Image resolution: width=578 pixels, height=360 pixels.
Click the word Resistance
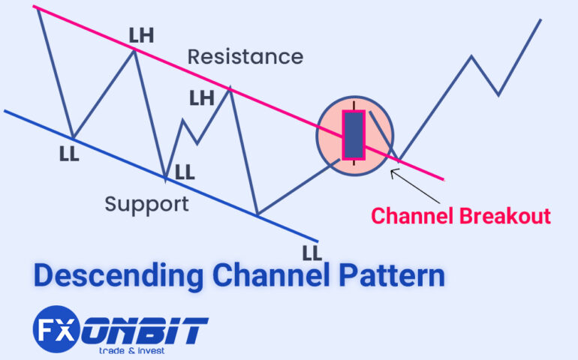click(x=245, y=57)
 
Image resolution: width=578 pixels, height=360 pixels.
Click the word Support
click(x=146, y=203)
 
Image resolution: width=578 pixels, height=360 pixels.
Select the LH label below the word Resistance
click(x=201, y=97)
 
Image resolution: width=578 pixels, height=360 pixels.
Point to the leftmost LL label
click(x=69, y=154)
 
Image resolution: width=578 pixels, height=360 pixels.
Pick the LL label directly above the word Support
click(x=184, y=172)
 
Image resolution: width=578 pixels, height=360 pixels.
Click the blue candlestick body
click(x=354, y=136)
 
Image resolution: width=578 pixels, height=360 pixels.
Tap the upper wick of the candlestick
click(x=353, y=106)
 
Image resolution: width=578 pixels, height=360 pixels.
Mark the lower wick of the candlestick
click(x=353, y=163)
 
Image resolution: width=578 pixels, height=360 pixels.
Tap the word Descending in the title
click(x=118, y=277)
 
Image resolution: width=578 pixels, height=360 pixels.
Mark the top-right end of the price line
click(x=540, y=19)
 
